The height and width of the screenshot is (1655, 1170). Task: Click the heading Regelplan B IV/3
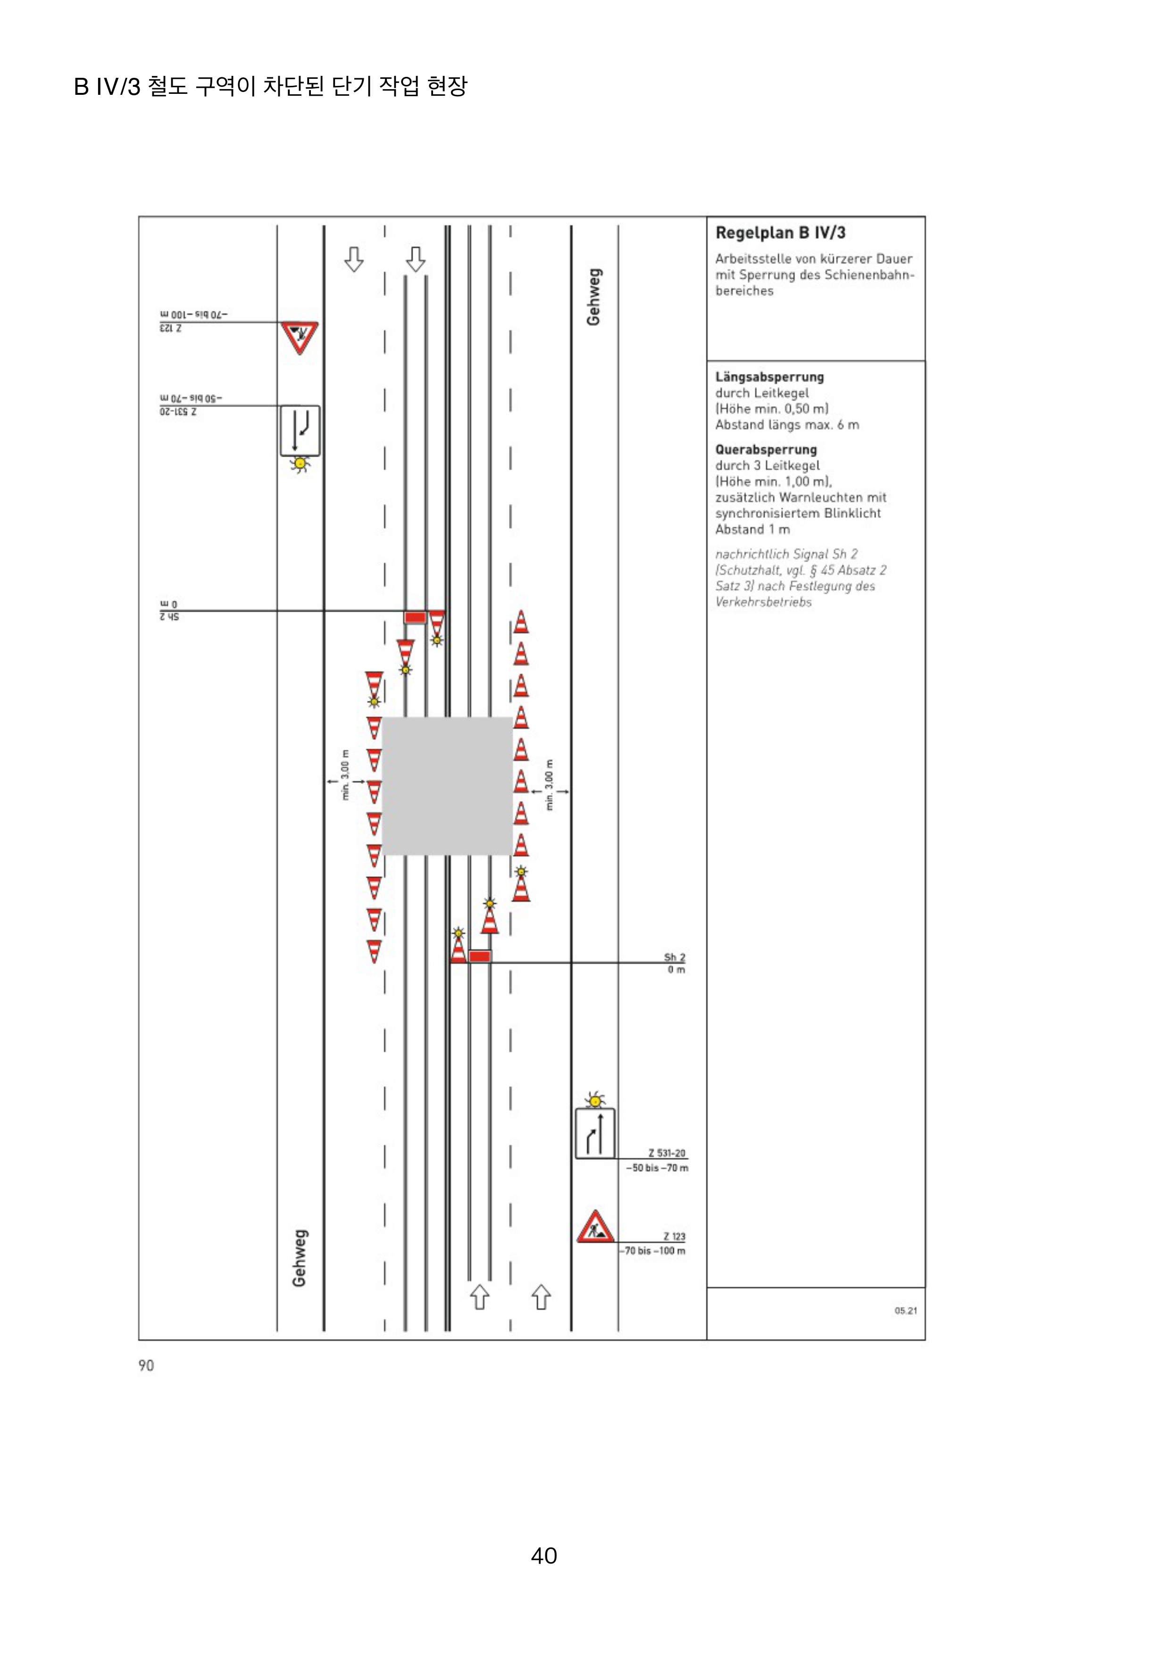pos(780,233)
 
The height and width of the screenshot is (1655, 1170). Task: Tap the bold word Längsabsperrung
pos(769,377)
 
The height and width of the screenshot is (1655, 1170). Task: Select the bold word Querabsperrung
pos(766,450)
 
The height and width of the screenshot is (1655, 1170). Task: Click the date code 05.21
pos(905,1310)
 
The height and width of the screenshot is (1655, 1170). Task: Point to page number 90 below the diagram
pos(146,1365)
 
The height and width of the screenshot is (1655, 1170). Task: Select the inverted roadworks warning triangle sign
pos(299,337)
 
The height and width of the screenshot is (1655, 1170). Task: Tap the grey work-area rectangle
pos(447,786)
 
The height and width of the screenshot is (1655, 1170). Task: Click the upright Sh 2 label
pos(674,957)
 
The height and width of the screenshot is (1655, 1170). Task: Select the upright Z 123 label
pos(674,1236)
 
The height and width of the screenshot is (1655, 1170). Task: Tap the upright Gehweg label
pos(299,1258)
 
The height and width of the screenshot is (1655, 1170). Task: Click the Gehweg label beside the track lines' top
pos(593,297)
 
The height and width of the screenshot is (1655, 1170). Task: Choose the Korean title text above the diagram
pos(270,86)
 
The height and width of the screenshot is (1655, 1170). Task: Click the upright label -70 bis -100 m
pos(654,1251)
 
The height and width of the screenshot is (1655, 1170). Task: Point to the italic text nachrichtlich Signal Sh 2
pos(786,554)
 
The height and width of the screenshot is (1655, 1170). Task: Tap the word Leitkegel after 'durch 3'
pos(792,466)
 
